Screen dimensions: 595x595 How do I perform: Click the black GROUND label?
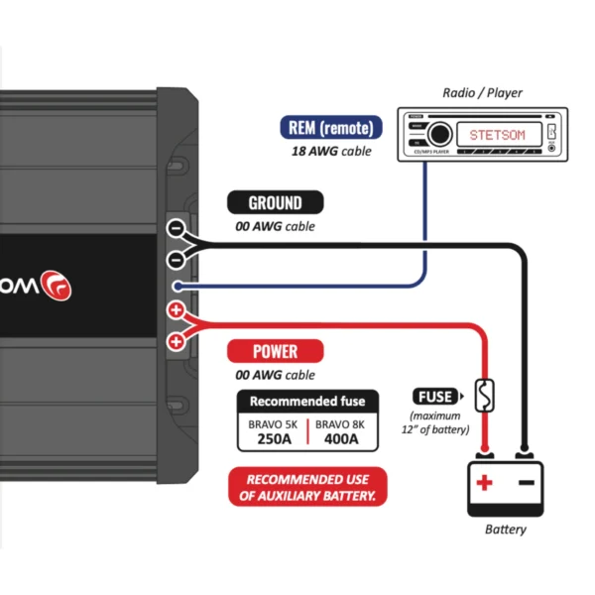tap(275, 203)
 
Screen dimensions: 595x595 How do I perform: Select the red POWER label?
tap(275, 351)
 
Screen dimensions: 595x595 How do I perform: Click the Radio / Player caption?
tap(483, 93)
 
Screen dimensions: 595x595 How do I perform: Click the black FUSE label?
tap(437, 396)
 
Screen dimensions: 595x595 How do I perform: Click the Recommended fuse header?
tap(307, 402)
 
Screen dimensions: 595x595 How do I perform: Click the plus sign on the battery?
tap(484, 483)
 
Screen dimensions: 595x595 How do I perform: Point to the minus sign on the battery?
tap(527, 483)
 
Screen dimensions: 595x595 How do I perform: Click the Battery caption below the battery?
tap(506, 530)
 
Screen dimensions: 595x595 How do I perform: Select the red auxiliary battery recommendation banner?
tap(307, 487)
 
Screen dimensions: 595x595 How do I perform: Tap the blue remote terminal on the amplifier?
tap(176, 286)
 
